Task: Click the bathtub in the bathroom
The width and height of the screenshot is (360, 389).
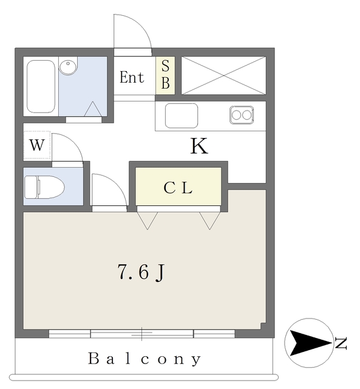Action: click(41, 86)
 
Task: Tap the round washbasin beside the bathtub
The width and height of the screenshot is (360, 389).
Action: click(68, 66)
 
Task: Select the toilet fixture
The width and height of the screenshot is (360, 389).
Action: click(44, 187)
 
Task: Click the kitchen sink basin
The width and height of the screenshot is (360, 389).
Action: click(182, 115)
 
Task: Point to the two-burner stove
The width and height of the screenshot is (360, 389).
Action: click(242, 115)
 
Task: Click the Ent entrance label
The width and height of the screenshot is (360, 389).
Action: click(132, 77)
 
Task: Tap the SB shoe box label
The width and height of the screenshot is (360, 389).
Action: click(166, 74)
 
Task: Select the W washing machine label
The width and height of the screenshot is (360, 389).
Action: click(37, 145)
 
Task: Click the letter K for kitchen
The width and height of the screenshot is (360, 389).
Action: click(199, 146)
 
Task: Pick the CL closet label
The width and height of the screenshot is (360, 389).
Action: click(178, 188)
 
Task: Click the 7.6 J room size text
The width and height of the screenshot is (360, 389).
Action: click(141, 272)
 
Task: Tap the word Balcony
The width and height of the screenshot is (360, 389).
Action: click(144, 359)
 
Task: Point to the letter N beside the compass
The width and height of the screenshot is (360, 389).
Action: click(341, 343)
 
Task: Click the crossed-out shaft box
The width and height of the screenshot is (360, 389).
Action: click(224, 75)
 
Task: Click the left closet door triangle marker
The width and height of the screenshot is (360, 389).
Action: click(148, 221)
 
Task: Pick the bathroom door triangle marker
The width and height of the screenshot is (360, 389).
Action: click(93, 109)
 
